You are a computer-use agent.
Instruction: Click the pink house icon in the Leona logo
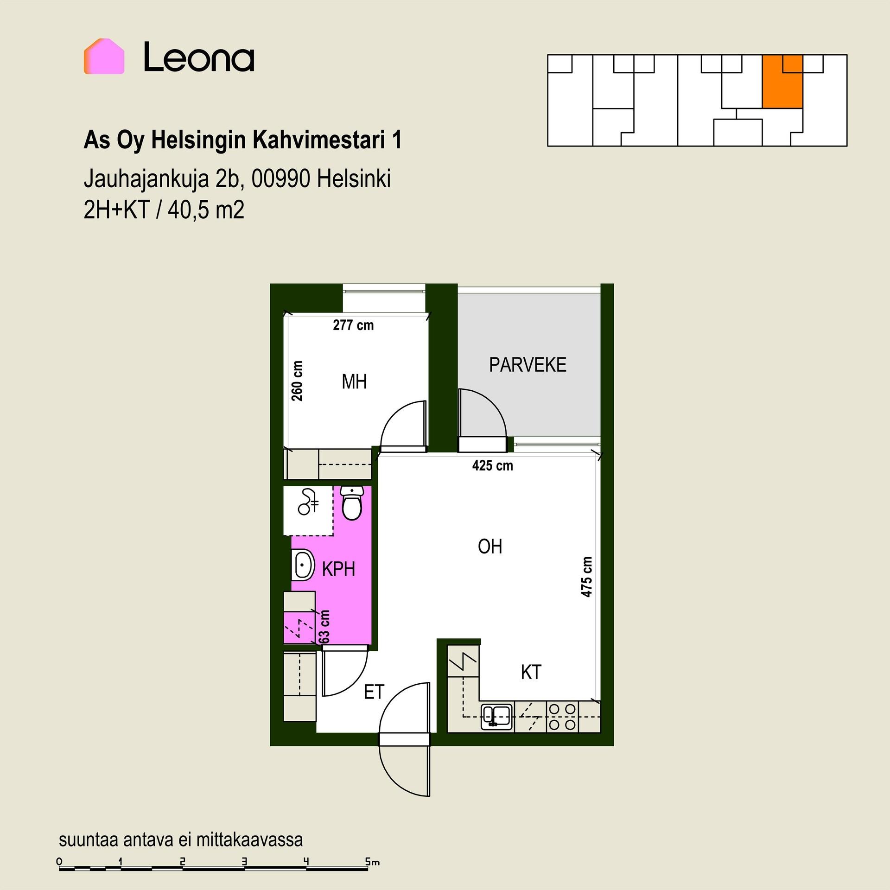104,57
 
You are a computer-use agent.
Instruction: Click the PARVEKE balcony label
528,365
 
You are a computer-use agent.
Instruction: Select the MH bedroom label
354,382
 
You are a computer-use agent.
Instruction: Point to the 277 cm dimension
353,325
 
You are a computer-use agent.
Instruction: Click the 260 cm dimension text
297,381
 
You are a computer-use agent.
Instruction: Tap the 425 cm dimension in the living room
493,465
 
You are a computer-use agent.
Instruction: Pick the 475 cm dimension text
586,577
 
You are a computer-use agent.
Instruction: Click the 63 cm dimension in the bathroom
324,627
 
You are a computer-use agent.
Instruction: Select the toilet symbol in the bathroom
352,502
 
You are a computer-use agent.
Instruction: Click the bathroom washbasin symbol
302,565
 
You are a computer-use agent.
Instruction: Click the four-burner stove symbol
562,717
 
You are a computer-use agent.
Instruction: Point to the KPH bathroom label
338,569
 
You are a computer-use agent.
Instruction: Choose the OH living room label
490,547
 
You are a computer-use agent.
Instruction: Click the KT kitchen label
531,672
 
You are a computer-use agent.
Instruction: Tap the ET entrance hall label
374,692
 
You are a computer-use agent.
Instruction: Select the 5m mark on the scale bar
372,862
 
